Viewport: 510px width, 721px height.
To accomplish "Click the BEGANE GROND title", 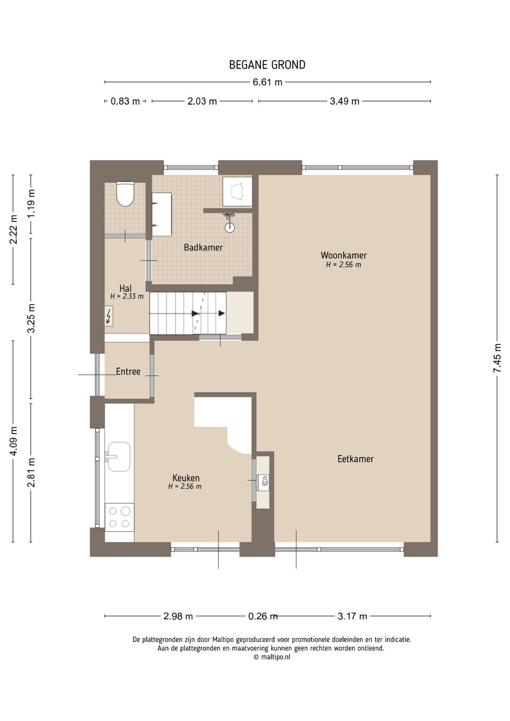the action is pyautogui.click(x=267, y=65).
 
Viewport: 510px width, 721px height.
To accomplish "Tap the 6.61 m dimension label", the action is pyautogui.click(x=267, y=82).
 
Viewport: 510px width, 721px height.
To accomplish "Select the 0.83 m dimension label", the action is pyautogui.click(x=125, y=102).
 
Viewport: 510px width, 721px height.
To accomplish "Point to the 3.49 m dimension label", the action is pyautogui.click(x=344, y=102).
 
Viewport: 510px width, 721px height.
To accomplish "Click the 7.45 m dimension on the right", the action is pyautogui.click(x=497, y=358).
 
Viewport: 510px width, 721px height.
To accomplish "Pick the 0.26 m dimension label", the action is pyautogui.click(x=263, y=616).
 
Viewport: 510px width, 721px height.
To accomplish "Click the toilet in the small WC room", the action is pyautogui.click(x=125, y=194).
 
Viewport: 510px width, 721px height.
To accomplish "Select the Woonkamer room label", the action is pyautogui.click(x=344, y=255).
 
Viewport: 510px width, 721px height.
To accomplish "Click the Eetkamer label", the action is pyautogui.click(x=355, y=459).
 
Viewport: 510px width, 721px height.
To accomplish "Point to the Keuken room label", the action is pyautogui.click(x=186, y=478).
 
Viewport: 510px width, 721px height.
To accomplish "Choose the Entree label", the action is pyautogui.click(x=128, y=371).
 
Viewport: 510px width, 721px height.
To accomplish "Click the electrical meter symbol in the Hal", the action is pyautogui.click(x=109, y=316).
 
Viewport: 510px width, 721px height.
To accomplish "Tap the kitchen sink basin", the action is pyautogui.click(x=119, y=456).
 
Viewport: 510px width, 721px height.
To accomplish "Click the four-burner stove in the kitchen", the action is pyautogui.click(x=119, y=517).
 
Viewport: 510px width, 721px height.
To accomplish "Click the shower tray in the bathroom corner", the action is pyautogui.click(x=238, y=191).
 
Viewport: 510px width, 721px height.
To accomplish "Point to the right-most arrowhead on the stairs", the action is pyautogui.click(x=221, y=313).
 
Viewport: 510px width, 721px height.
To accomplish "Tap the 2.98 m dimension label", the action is pyautogui.click(x=178, y=616).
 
